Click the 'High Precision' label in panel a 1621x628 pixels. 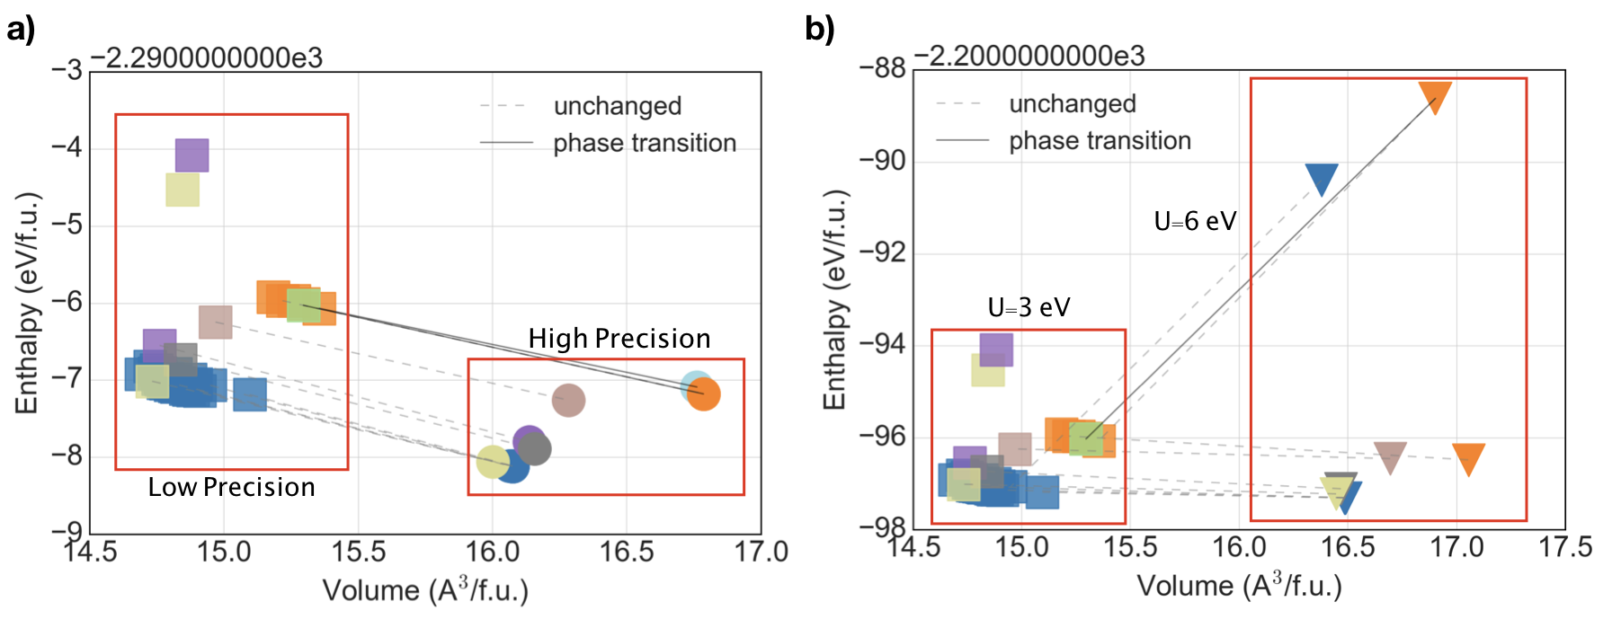click(x=619, y=339)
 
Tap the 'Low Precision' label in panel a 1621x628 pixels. click(x=231, y=487)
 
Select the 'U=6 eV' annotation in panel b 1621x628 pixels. click(x=1195, y=221)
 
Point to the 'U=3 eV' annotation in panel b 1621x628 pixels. click(x=1029, y=308)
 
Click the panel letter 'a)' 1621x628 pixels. click(x=21, y=30)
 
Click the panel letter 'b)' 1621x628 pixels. click(x=819, y=30)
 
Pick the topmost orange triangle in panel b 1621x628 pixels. click(x=1435, y=96)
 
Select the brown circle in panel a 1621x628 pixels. click(x=568, y=400)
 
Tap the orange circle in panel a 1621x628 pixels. click(x=704, y=394)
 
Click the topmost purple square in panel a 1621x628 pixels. click(x=192, y=155)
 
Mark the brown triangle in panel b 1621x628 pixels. click(x=1390, y=456)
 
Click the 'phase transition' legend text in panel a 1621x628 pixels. click(x=645, y=143)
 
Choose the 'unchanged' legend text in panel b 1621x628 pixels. click(x=1073, y=104)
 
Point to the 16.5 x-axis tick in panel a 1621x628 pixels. click(x=627, y=551)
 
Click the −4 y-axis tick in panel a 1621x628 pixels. click(x=67, y=147)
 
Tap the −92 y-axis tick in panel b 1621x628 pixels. click(x=881, y=252)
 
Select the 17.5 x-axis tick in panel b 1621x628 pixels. click(x=1564, y=546)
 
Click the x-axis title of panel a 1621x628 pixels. click(x=425, y=590)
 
